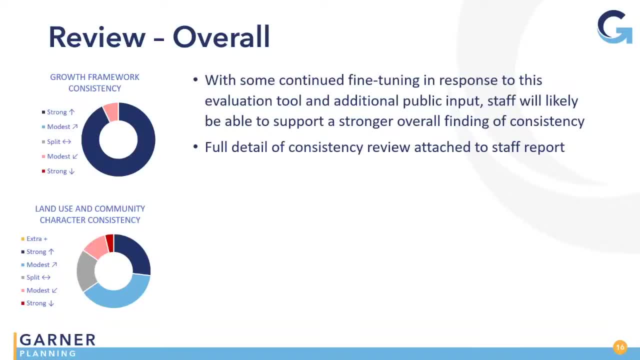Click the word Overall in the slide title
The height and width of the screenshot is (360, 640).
point(221,37)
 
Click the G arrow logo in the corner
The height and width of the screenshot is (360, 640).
point(614,27)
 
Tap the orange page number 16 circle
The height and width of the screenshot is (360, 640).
point(620,347)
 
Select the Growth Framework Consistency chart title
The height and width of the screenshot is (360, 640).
point(94,83)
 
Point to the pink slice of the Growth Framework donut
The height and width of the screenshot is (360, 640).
point(111,112)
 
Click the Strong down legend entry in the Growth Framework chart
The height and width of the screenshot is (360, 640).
point(58,171)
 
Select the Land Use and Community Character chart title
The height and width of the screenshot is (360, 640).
point(90,214)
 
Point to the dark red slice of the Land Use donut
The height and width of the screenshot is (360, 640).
point(110,243)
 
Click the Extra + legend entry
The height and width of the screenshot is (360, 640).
point(34,239)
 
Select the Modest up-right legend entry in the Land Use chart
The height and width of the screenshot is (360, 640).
point(39,265)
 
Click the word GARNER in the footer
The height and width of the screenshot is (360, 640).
point(57,339)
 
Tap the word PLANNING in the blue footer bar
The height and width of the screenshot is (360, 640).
point(48,353)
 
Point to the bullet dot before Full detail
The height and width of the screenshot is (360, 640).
point(195,147)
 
